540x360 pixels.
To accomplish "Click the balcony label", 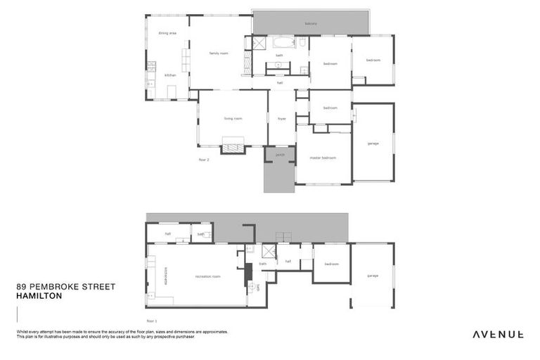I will click(x=311, y=23).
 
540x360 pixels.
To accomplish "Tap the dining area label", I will click(x=167, y=33).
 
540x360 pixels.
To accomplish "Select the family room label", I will click(x=219, y=53).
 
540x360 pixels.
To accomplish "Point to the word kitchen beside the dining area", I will click(x=170, y=75).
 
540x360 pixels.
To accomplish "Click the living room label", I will click(x=233, y=118).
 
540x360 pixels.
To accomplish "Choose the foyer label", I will click(x=282, y=118).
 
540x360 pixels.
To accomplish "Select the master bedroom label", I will click(x=323, y=157).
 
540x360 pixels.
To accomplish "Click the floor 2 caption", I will click(x=204, y=160).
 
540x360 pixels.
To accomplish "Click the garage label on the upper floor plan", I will click(x=373, y=143).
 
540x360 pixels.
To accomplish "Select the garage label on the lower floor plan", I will click(x=372, y=276).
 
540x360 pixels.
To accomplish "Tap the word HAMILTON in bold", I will click(x=39, y=296).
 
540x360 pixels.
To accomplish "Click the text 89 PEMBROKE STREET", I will click(x=65, y=287).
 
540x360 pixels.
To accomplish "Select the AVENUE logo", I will click(x=497, y=334).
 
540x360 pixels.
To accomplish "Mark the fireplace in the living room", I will click(x=233, y=148).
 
